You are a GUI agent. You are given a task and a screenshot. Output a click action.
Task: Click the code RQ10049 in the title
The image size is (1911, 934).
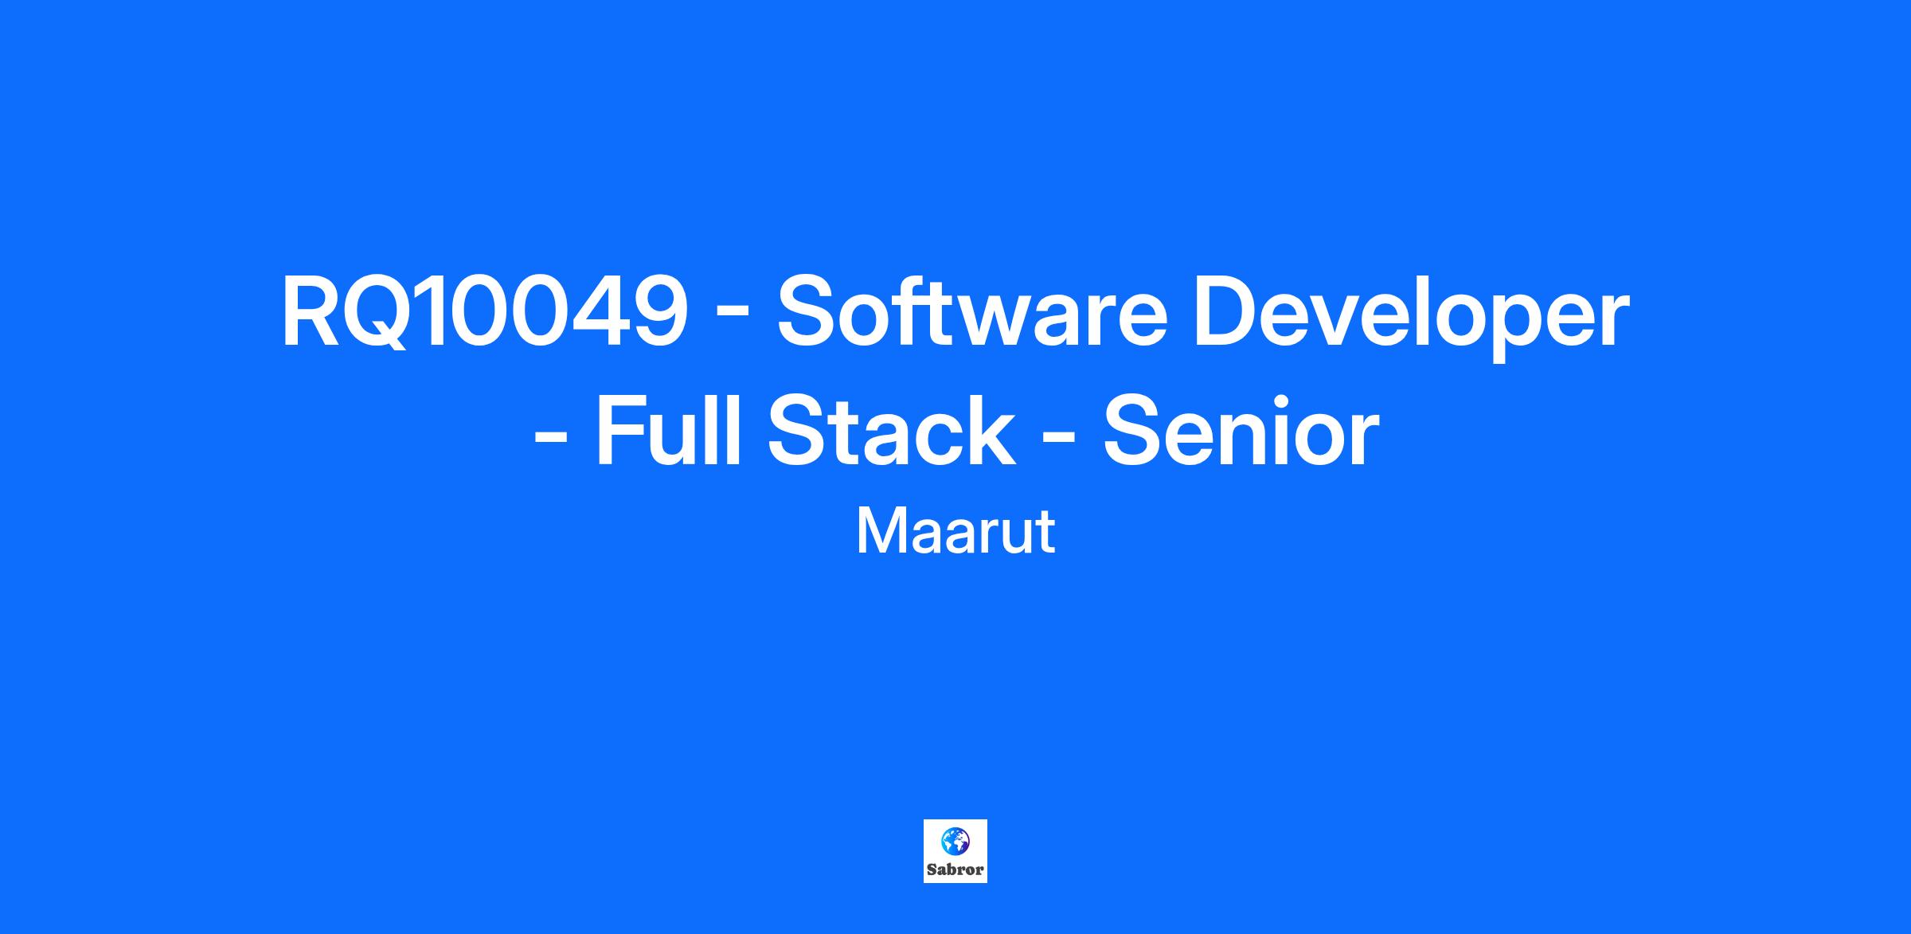coord(484,312)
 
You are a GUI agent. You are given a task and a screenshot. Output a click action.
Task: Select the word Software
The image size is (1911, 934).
coord(972,312)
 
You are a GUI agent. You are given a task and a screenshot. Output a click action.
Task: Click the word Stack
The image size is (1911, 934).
coord(892,432)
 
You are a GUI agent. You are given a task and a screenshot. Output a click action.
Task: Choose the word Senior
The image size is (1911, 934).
coord(1241,432)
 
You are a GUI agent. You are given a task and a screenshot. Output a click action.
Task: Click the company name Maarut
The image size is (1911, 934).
coord(955,531)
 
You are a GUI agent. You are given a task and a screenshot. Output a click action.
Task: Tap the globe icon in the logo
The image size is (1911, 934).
coord(955,839)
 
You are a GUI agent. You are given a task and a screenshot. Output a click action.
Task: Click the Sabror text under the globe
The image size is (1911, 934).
coord(955,870)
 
